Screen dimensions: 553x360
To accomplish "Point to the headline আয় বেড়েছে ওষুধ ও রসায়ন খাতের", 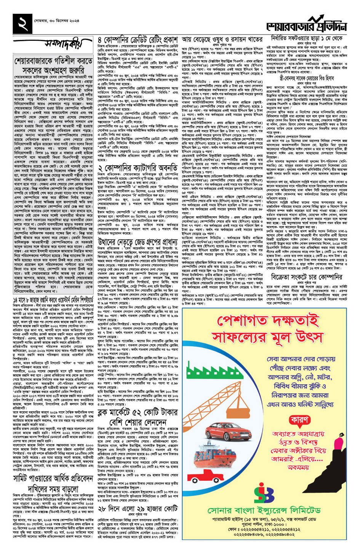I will coord(222,40).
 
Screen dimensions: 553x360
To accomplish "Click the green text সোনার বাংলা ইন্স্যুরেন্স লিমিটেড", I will coord(264,510).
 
